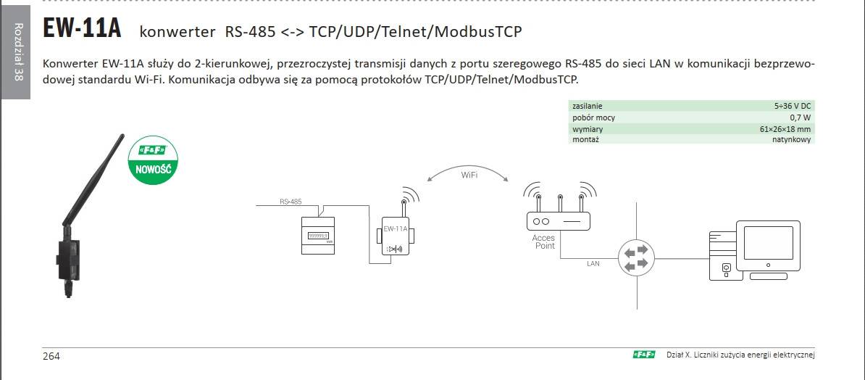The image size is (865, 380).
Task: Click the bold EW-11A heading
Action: tap(82, 30)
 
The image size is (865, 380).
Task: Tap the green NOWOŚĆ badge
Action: tap(152, 162)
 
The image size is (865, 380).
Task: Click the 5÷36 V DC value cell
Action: tap(792, 106)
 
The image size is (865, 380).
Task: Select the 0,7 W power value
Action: tap(800, 117)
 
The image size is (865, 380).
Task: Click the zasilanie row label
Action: tap(588, 106)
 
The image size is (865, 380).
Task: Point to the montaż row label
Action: tap(585, 139)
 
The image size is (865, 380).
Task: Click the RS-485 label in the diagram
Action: tap(291, 202)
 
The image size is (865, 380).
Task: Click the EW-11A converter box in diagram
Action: tap(395, 238)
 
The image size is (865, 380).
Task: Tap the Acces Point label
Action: tap(544, 241)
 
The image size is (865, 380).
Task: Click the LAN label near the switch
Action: tap(593, 264)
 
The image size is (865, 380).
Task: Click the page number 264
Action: tap(51, 356)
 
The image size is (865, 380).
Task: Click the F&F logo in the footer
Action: tap(643, 355)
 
